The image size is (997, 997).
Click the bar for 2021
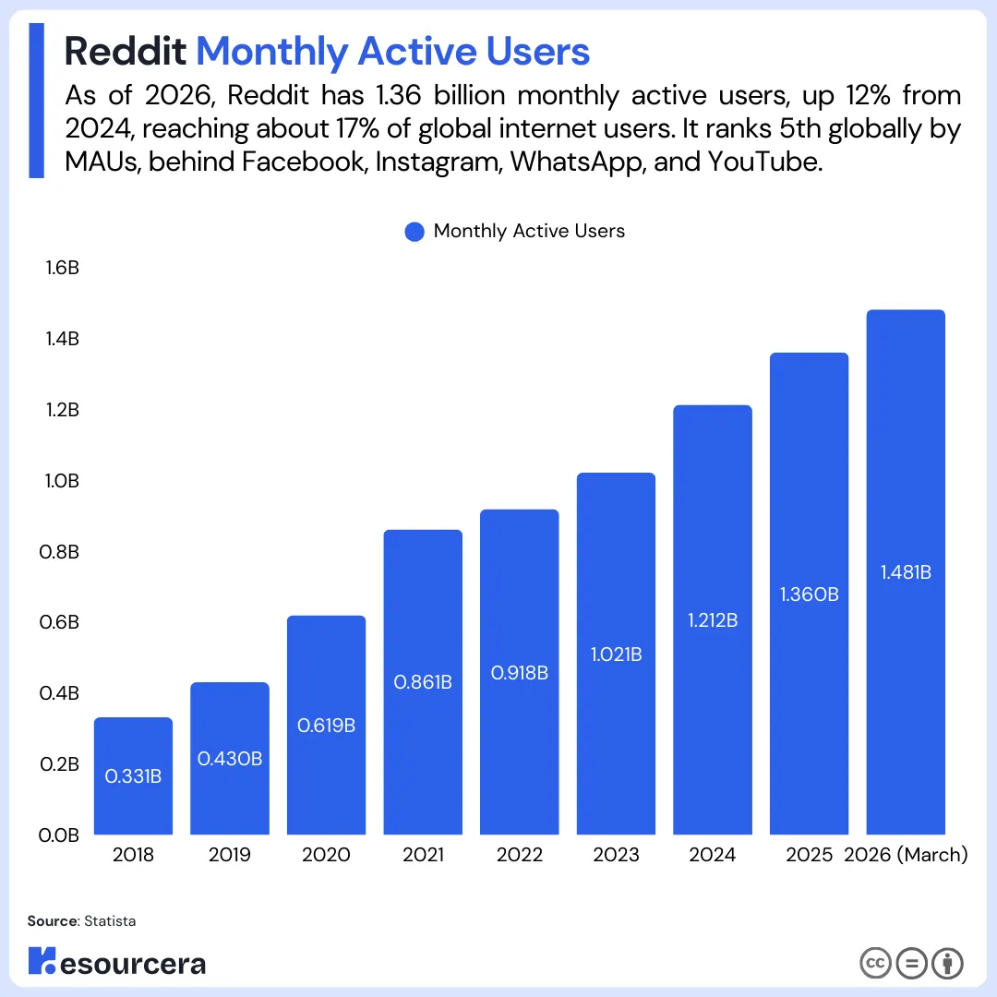click(423, 683)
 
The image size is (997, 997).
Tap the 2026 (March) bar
click(906, 572)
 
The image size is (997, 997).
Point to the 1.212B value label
click(713, 620)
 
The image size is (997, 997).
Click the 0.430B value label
click(230, 759)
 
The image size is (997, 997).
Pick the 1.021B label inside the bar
click(616, 655)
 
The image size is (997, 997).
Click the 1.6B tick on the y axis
click(62, 269)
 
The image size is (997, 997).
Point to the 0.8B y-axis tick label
click(62, 552)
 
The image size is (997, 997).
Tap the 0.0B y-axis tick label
click(62, 835)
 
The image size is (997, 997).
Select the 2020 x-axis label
click(326, 856)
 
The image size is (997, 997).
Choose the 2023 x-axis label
click(616, 856)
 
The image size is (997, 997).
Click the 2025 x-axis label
click(809, 856)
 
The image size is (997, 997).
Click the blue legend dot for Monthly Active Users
click(414, 232)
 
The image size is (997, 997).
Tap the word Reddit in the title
click(126, 52)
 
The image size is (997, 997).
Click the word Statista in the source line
click(110, 921)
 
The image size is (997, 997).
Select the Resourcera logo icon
click(42, 961)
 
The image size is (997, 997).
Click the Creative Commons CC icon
click(875, 964)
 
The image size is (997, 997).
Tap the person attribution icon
click(947, 964)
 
